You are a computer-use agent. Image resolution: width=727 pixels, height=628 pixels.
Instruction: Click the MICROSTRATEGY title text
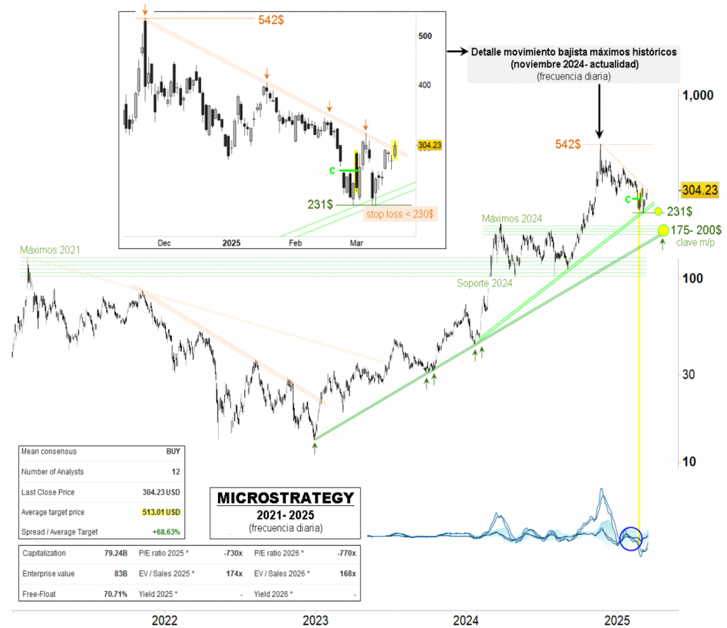[x=285, y=497]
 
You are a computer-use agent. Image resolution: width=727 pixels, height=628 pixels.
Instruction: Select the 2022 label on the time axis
[x=165, y=619]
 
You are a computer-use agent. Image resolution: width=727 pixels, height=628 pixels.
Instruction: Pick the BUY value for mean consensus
[x=173, y=451]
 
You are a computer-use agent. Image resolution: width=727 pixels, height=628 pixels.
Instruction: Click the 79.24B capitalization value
[x=115, y=553]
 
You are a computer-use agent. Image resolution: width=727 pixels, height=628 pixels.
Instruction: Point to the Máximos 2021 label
[x=50, y=250]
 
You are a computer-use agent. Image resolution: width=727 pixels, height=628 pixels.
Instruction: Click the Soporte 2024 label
[x=483, y=282]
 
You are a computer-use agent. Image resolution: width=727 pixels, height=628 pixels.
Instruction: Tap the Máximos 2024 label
[x=511, y=218]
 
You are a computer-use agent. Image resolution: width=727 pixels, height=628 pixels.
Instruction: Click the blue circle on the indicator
[x=630, y=538]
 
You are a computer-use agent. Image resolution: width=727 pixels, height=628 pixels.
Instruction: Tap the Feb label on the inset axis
[x=296, y=243]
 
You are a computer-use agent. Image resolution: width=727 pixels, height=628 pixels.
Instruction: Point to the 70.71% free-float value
[x=114, y=593]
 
